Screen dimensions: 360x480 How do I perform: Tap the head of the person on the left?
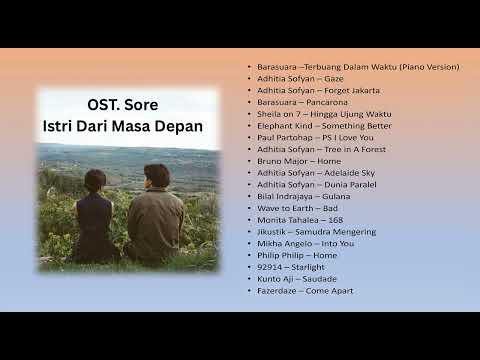96,181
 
